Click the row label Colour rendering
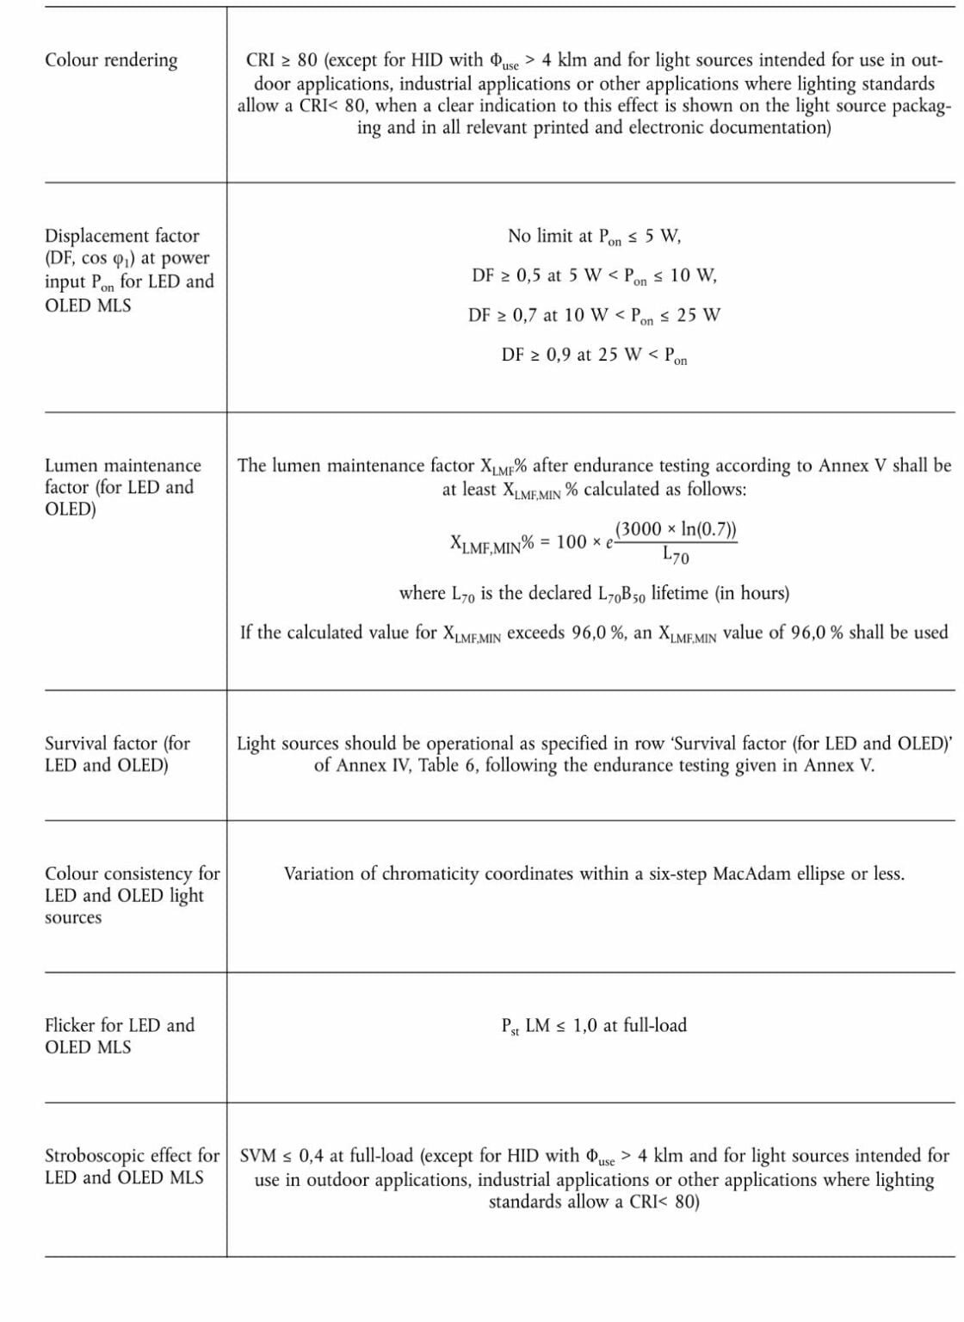pyautogui.click(x=111, y=60)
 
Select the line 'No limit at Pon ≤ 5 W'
pyautogui.click(x=594, y=236)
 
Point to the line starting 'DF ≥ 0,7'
pyautogui.click(x=594, y=315)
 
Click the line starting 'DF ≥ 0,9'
pyautogui.click(x=594, y=355)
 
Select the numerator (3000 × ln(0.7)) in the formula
pyautogui.click(x=676, y=529)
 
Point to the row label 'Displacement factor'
pyautogui.click(x=121, y=236)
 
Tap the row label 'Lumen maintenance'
pyautogui.click(x=122, y=466)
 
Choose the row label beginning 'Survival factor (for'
pyautogui.click(x=117, y=743)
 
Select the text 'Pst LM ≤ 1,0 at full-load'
pyautogui.click(x=594, y=1025)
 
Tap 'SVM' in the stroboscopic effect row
pyautogui.click(x=258, y=1156)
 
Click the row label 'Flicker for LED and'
pyautogui.click(x=120, y=1025)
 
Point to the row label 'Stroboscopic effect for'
pyautogui.click(x=132, y=1156)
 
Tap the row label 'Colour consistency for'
pyautogui.click(x=132, y=874)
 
